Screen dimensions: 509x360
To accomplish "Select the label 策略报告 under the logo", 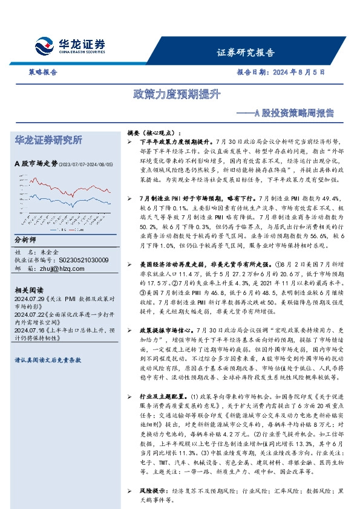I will (x=43, y=71).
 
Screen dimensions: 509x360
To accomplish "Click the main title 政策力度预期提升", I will (x=177, y=94).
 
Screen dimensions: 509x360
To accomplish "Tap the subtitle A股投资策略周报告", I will (x=284, y=112).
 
